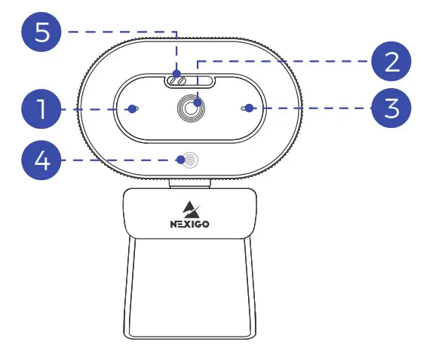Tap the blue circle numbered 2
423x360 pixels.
pos(391,60)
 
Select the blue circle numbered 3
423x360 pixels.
pos(391,109)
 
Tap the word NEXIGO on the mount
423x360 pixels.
pos(189,224)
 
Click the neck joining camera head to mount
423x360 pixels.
pos(189,182)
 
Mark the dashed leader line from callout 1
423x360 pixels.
pos(94,110)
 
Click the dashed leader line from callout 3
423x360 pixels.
pos(309,109)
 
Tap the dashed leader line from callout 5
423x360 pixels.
pos(121,32)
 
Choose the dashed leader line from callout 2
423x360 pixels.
pos(287,61)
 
